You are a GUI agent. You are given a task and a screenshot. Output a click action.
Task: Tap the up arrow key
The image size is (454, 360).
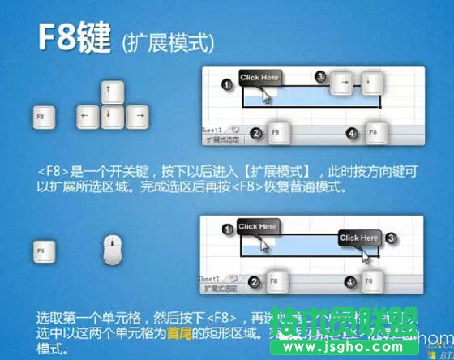pos(109,89)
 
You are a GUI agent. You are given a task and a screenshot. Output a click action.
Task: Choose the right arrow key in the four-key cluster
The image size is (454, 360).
pos(139,116)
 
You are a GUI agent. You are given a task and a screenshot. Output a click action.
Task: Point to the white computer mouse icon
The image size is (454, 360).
pos(114,250)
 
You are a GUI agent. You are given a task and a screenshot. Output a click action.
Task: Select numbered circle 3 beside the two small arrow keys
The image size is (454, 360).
pos(320,77)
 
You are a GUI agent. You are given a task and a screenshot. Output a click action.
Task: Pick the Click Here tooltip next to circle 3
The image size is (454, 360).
pos(359,238)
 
